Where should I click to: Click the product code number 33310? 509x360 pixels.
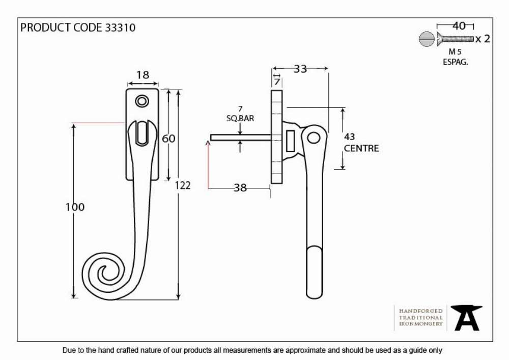[120, 27]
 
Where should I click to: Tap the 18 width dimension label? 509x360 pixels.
[143, 75]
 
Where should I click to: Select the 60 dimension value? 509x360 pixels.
[168, 139]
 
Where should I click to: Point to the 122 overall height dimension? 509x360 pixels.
[183, 185]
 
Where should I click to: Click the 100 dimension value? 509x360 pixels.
[75, 207]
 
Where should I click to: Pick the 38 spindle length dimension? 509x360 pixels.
[240, 187]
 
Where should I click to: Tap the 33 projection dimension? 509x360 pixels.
[300, 69]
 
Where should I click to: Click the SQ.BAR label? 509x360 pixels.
[240, 119]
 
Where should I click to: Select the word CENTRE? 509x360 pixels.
[361, 148]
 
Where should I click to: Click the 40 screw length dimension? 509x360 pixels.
[459, 26]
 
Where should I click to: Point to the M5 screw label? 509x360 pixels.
[455, 51]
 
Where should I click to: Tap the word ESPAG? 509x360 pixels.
[456, 62]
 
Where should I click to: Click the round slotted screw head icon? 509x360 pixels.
[427, 39]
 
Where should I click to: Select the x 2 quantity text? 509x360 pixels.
[483, 39]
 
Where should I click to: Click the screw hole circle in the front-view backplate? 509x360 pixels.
[142, 101]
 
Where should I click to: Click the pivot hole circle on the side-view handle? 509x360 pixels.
[313, 139]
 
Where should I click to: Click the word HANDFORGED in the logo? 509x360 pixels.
[421, 311]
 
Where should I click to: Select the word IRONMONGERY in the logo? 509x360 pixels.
[421, 324]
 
